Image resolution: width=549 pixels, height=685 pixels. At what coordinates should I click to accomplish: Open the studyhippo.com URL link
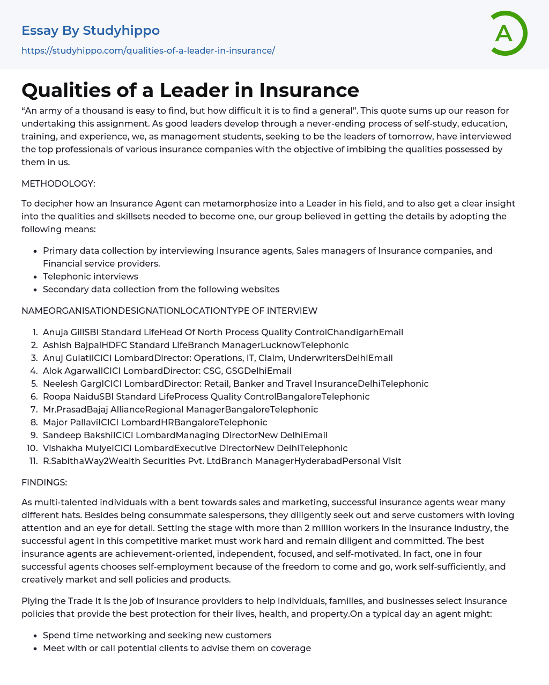tap(148, 50)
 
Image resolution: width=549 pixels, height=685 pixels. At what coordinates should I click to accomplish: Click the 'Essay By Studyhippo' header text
tap(91, 31)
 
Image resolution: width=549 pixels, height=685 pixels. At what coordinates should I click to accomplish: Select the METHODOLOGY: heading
tap(58, 183)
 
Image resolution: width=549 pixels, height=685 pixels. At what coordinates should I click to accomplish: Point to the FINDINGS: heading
tap(44, 482)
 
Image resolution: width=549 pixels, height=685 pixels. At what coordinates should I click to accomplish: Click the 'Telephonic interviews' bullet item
tap(91, 276)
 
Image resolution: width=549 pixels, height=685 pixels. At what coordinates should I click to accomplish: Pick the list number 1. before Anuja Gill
tap(35, 332)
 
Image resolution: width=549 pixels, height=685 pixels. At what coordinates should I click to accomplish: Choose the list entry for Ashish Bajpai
tap(196, 345)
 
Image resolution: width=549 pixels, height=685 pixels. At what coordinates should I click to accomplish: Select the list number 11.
tap(33, 461)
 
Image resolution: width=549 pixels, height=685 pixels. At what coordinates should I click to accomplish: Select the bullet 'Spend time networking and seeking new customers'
tap(157, 635)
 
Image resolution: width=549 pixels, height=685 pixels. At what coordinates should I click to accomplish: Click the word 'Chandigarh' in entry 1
tap(353, 332)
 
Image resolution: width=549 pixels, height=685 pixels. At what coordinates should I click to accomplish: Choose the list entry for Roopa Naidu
tap(206, 396)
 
